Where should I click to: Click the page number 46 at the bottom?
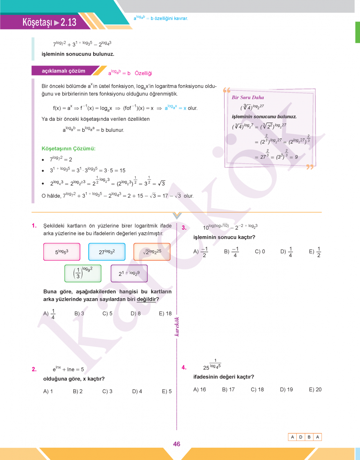point(176,444)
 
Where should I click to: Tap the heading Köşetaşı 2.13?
point(49,22)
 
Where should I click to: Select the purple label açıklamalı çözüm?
point(63,71)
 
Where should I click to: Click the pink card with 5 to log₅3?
point(62,252)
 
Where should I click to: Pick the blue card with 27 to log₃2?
point(107,252)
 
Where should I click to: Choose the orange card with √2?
point(152,252)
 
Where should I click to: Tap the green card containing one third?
point(82,273)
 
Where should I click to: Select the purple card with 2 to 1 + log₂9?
point(129,273)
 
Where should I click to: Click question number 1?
point(34,226)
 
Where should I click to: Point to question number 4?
point(184,367)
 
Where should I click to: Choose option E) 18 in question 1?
point(165,313)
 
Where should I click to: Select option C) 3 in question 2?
point(107,391)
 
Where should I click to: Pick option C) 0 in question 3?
point(260,252)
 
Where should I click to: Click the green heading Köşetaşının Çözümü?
point(68,148)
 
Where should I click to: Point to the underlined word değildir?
point(146,299)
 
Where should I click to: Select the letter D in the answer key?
point(301,437)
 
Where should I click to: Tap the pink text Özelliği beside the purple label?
point(143,73)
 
